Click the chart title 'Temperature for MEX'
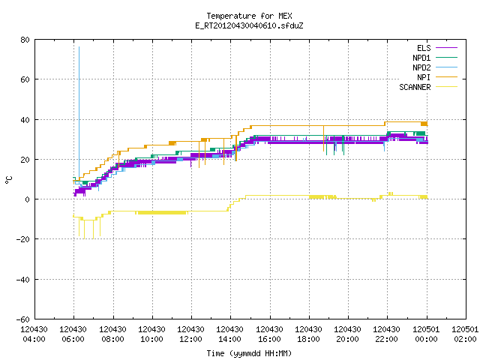click(x=249, y=16)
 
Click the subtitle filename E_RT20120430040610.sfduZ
click(x=249, y=25)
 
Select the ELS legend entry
click(x=437, y=48)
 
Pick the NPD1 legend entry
click(x=435, y=58)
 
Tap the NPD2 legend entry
click(x=435, y=67)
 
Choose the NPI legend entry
click(x=437, y=77)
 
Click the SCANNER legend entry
click(x=428, y=87)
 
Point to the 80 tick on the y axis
click(x=25, y=40)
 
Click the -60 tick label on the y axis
click(x=23, y=319)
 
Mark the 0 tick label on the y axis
click(x=28, y=199)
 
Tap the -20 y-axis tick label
click(x=23, y=239)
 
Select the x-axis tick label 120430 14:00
click(x=229, y=334)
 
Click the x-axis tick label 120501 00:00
click(x=426, y=334)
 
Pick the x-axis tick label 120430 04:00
click(x=34, y=334)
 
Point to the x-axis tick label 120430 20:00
click(x=347, y=334)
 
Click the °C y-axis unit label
click(x=9, y=180)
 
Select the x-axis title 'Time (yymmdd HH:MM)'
click(x=249, y=353)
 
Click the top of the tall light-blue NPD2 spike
click(x=79, y=46)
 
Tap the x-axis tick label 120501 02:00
click(x=465, y=334)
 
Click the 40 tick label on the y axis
click(x=25, y=120)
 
